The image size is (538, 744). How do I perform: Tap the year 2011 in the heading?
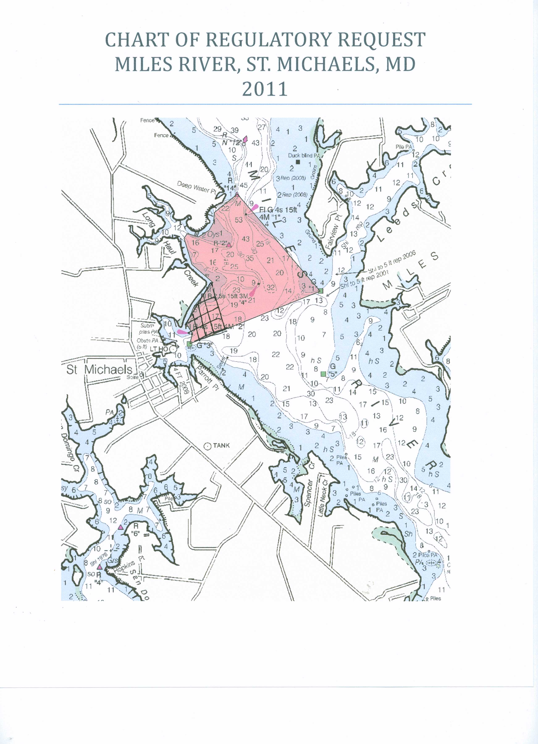click(265, 89)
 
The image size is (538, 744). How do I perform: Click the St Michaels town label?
click(99, 370)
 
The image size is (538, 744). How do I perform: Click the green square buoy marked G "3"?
click(189, 344)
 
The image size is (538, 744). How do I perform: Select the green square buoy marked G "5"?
click(323, 374)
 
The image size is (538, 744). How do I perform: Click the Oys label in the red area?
click(213, 234)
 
